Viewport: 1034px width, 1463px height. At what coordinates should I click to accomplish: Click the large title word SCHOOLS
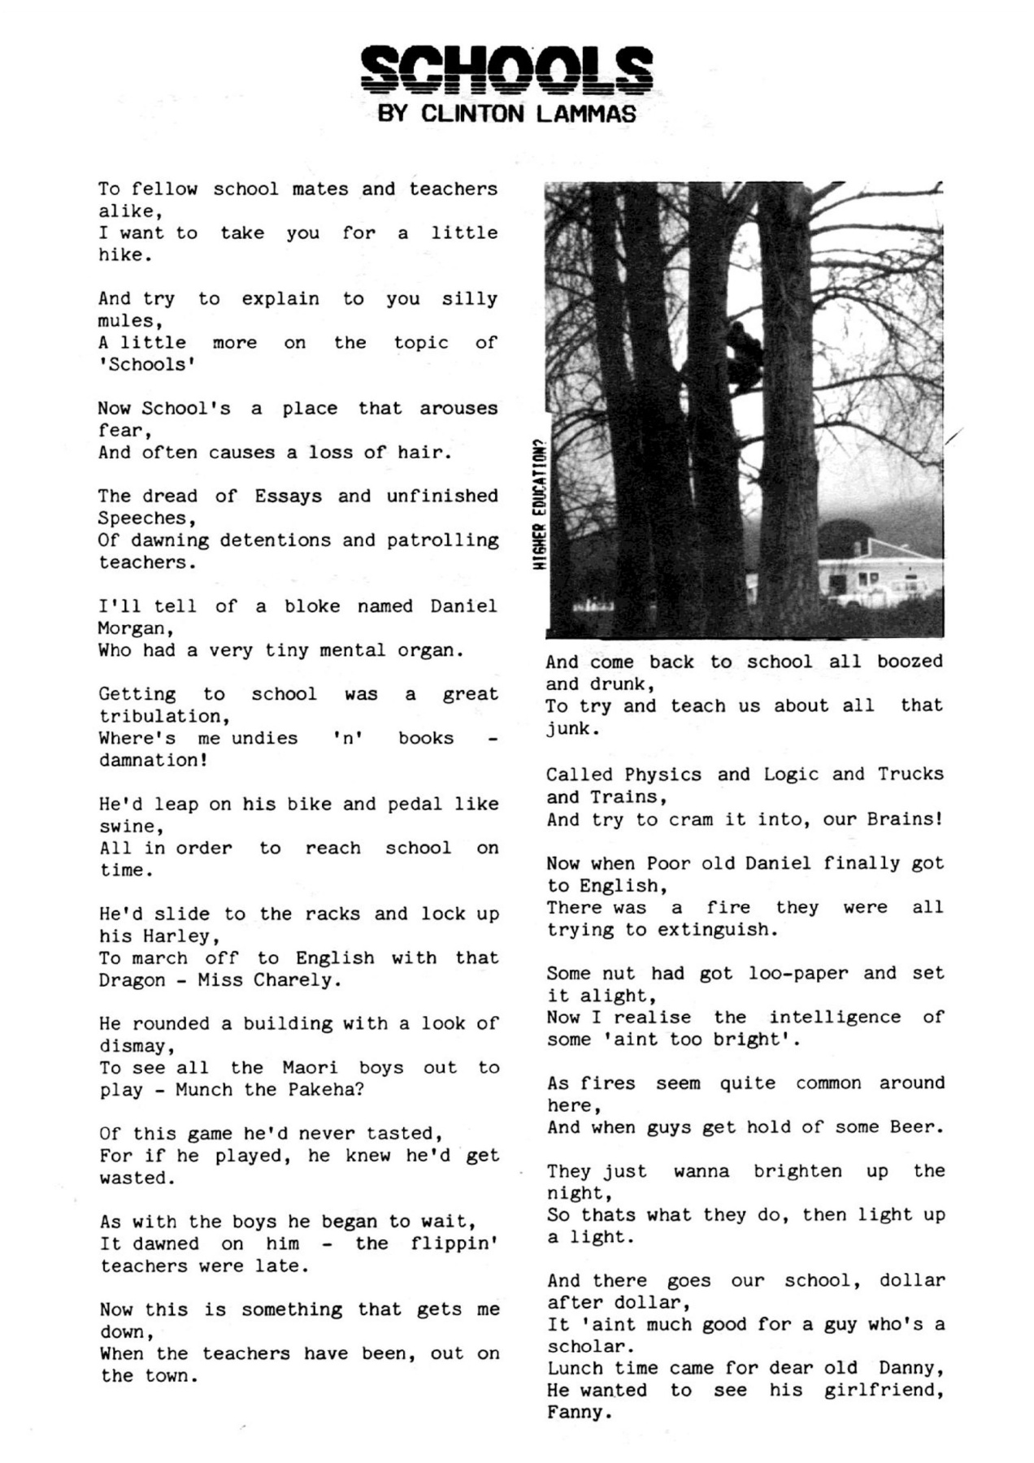[x=506, y=70]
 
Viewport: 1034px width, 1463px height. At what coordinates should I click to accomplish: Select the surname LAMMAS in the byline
[x=585, y=114]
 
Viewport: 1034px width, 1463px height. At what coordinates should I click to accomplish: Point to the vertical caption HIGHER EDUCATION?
[x=538, y=505]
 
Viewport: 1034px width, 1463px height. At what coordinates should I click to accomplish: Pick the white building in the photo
[x=878, y=577]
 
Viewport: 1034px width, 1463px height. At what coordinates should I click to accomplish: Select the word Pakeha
[x=320, y=1090]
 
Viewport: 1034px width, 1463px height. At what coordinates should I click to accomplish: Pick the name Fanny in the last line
[x=576, y=1413]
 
